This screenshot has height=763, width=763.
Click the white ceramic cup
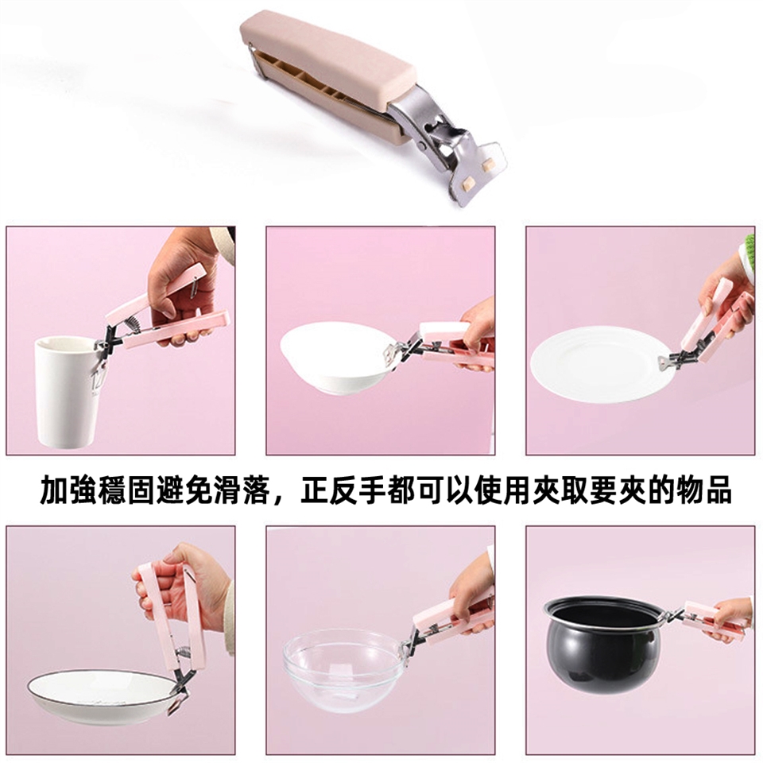[x=68, y=392]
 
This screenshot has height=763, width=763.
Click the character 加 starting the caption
[x=53, y=491]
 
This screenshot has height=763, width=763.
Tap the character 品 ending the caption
[x=718, y=491]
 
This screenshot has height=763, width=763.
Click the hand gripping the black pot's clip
[x=729, y=619]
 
